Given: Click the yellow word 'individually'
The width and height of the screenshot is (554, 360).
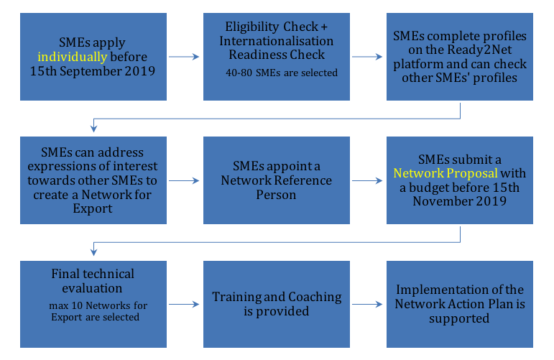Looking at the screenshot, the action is click(x=73, y=57).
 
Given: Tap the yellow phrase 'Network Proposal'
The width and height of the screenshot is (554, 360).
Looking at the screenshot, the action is click(x=445, y=173).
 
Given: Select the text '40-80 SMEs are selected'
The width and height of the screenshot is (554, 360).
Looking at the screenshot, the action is click(x=282, y=73).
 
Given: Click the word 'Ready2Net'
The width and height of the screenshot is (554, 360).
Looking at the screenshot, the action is click(x=479, y=50).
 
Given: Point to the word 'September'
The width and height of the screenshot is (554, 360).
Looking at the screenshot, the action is click(x=91, y=71).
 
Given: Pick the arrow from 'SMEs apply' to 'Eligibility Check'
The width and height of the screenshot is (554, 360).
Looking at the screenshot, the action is click(x=184, y=57).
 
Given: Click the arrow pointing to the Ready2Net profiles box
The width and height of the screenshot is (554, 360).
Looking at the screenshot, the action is click(x=367, y=57).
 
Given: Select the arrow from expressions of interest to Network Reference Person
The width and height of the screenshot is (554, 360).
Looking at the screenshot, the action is click(x=184, y=180).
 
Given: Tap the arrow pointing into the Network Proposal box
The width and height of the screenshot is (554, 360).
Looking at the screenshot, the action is click(x=367, y=180).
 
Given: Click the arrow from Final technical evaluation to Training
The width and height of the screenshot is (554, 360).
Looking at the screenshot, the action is click(x=184, y=304).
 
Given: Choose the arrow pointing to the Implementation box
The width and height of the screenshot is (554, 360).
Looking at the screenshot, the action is click(x=367, y=304).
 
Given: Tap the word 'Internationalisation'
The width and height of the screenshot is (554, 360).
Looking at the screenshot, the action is click(x=277, y=41).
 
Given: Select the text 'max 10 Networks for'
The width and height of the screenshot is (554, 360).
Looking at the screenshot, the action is click(x=98, y=305).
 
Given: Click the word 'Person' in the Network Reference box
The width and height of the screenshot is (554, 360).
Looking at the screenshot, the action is click(x=276, y=195).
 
